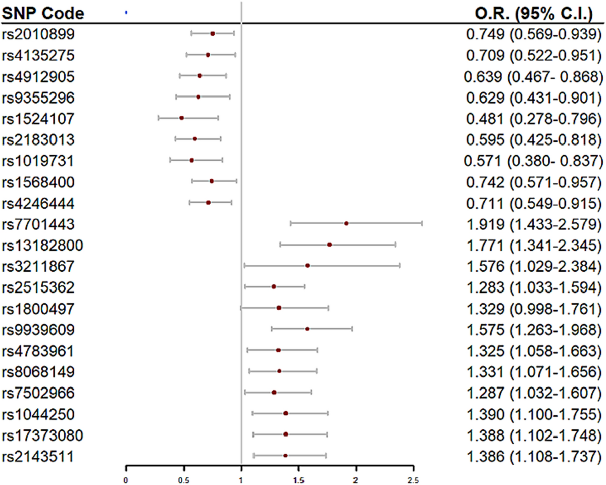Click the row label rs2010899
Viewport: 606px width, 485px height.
coord(38,34)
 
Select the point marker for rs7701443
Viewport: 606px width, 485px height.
coord(346,223)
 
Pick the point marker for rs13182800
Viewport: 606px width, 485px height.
coord(329,245)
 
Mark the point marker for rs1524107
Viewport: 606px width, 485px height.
coord(181,118)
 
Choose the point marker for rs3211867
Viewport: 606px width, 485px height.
coord(307,265)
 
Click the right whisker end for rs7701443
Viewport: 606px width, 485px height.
coord(422,223)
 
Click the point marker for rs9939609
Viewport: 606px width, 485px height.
coord(307,329)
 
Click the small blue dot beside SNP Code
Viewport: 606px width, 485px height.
coord(126,13)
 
